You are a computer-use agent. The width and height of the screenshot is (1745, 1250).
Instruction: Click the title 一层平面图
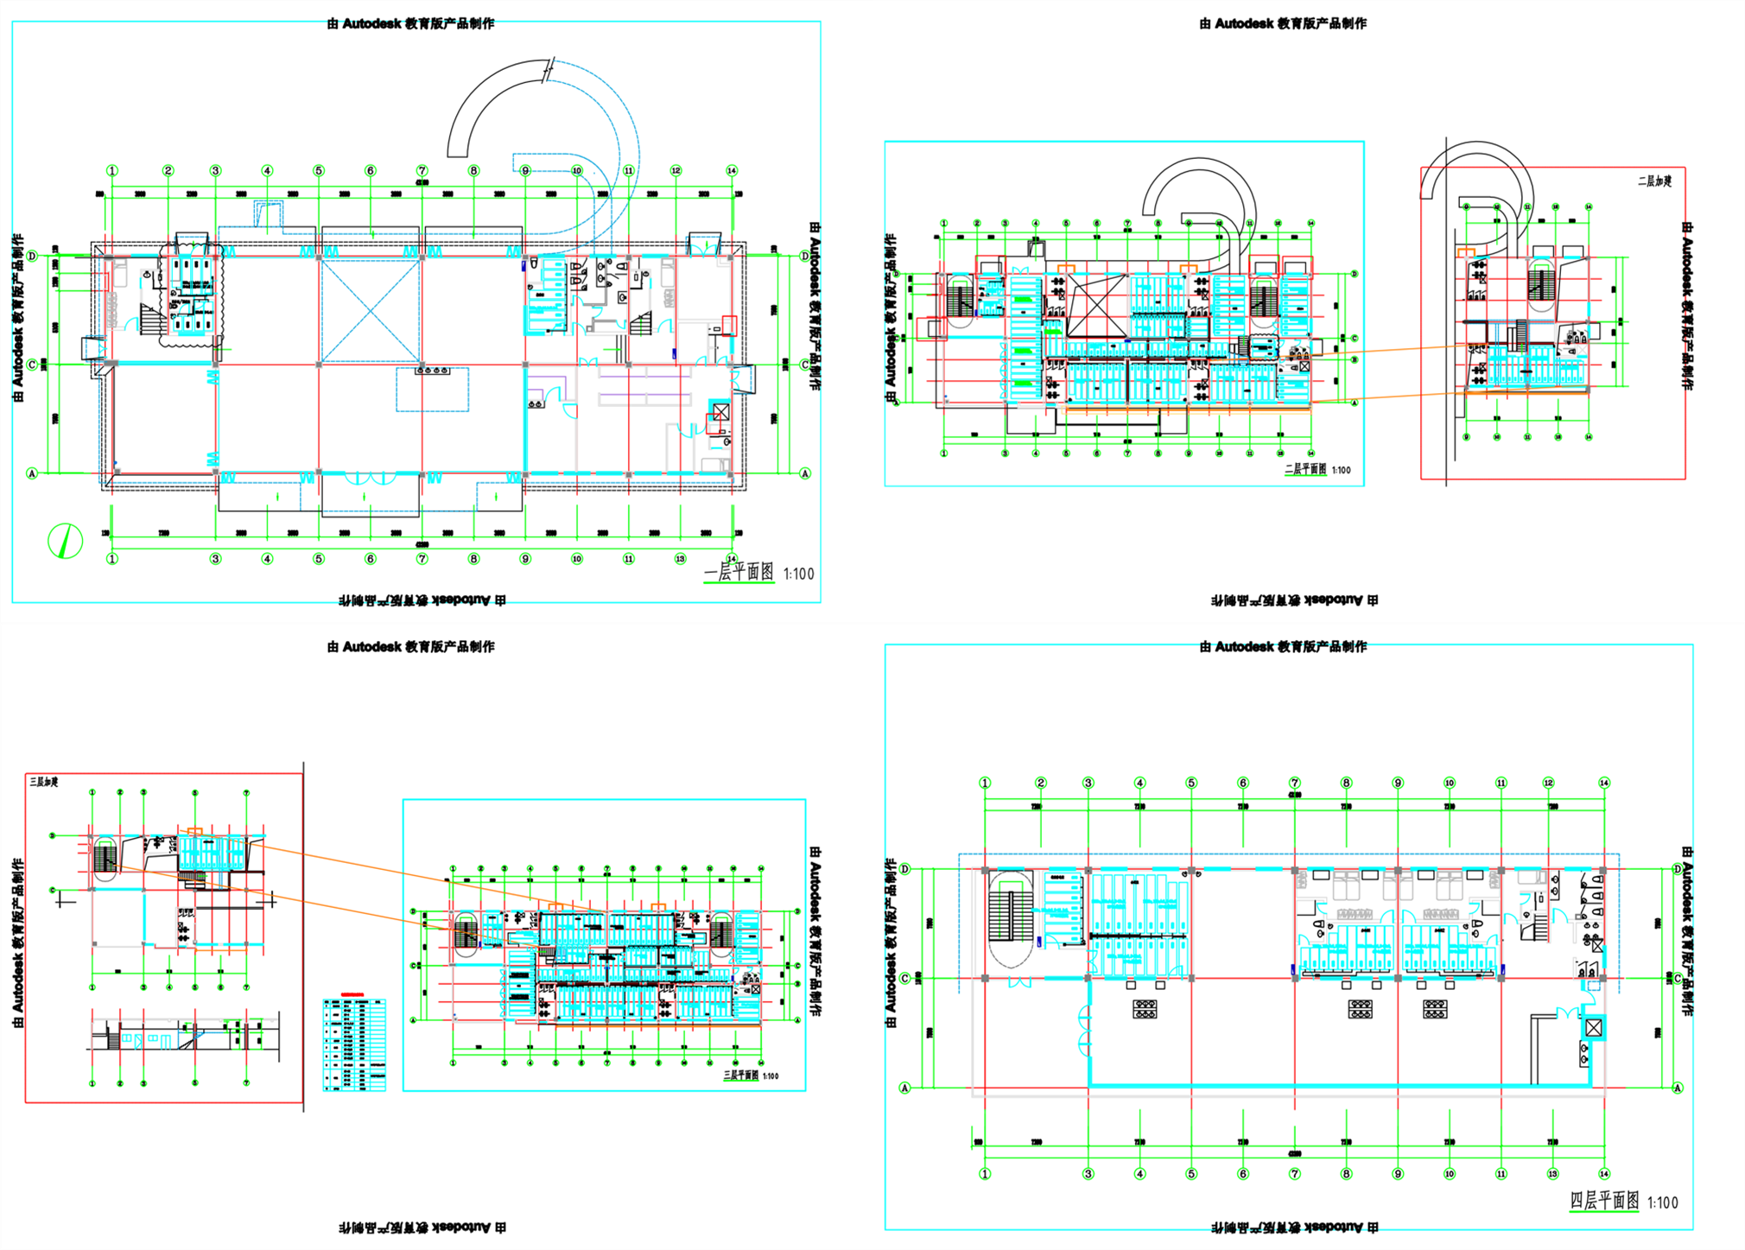pos(739,573)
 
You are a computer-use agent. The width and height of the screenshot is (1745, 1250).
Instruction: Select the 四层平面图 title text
pos(1604,1201)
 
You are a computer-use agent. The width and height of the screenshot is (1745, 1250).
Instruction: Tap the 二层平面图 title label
pos(1304,470)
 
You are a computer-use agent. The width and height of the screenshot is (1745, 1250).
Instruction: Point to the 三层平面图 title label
pos(740,1076)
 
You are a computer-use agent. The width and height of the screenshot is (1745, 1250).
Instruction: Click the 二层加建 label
pos(1654,181)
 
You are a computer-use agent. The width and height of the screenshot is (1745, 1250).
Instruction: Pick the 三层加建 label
pos(44,782)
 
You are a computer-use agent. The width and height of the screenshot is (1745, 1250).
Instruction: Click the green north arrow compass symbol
pos(65,541)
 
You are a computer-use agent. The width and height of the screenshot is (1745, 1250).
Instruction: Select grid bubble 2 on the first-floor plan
pos(168,171)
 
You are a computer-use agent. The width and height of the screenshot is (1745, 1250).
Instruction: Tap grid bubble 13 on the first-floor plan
pos(680,559)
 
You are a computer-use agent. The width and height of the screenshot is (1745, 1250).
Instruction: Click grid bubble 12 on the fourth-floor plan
pos(1548,783)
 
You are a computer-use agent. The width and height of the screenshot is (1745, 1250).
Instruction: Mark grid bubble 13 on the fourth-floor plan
pos(1552,1174)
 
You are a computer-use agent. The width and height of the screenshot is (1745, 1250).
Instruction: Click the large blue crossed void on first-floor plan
pos(371,310)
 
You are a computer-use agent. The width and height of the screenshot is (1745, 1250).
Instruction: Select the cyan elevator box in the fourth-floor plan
pos(1594,1028)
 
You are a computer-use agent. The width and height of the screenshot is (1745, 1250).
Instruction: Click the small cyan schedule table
pos(354,1044)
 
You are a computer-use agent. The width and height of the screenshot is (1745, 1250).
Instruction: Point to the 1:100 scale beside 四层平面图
pos(1662,1202)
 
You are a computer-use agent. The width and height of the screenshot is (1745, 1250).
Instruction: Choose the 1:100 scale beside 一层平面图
pos(798,574)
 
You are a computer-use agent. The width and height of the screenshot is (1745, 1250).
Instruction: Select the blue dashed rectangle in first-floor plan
pos(433,390)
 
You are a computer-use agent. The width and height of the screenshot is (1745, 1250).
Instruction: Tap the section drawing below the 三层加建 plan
pos(181,1032)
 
